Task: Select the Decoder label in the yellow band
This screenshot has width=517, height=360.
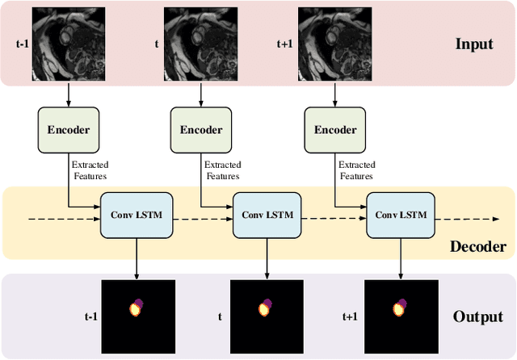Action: click(477, 247)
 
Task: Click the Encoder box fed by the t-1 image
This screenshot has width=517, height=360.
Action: click(68, 130)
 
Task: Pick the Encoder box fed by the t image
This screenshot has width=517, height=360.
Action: click(201, 130)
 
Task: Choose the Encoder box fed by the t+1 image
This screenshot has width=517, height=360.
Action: click(334, 130)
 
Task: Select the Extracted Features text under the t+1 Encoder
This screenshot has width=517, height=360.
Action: click(357, 170)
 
